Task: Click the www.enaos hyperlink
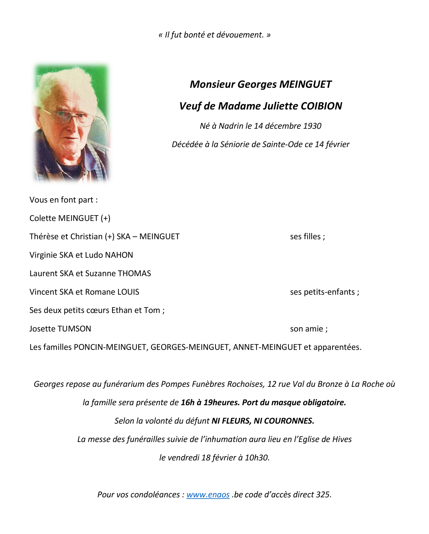coord(208,494)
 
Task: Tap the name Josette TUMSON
coord(60,329)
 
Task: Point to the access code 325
coord(323,494)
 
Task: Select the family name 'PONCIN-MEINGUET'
coord(110,347)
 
